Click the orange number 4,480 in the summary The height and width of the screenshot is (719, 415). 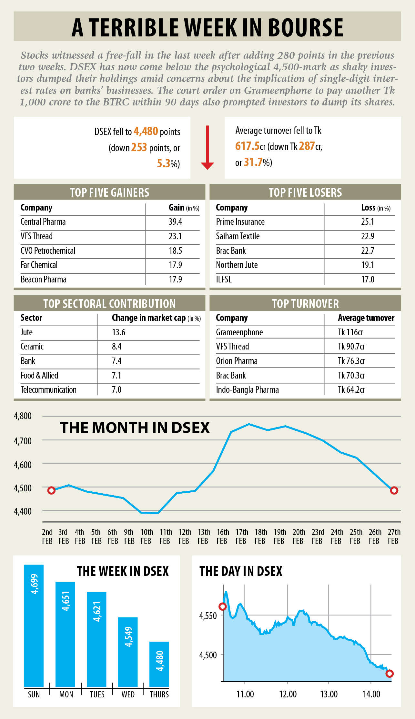(146, 131)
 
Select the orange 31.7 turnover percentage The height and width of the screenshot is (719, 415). (253, 162)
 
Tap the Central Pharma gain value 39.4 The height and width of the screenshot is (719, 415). (175, 222)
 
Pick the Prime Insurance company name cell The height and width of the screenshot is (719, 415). (240, 222)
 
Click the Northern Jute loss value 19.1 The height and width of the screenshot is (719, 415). (368, 265)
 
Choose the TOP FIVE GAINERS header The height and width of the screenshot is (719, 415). (109, 192)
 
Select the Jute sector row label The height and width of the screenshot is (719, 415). (26, 332)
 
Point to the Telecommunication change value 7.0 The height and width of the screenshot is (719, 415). (116, 390)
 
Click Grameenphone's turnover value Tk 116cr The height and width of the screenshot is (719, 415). (350, 332)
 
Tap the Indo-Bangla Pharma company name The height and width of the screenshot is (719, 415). (247, 390)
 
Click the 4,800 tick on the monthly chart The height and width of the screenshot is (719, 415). (23, 416)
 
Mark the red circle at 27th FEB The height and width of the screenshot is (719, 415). (394, 490)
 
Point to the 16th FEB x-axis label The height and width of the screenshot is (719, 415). (223, 537)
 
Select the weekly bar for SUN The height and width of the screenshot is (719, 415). (34, 625)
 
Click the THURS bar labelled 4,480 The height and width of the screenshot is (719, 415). (159, 664)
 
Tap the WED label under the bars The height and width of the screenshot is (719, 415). (128, 694)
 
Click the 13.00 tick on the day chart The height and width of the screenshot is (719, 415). (329, 694)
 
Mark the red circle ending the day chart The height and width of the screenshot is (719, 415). (390, 674)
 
